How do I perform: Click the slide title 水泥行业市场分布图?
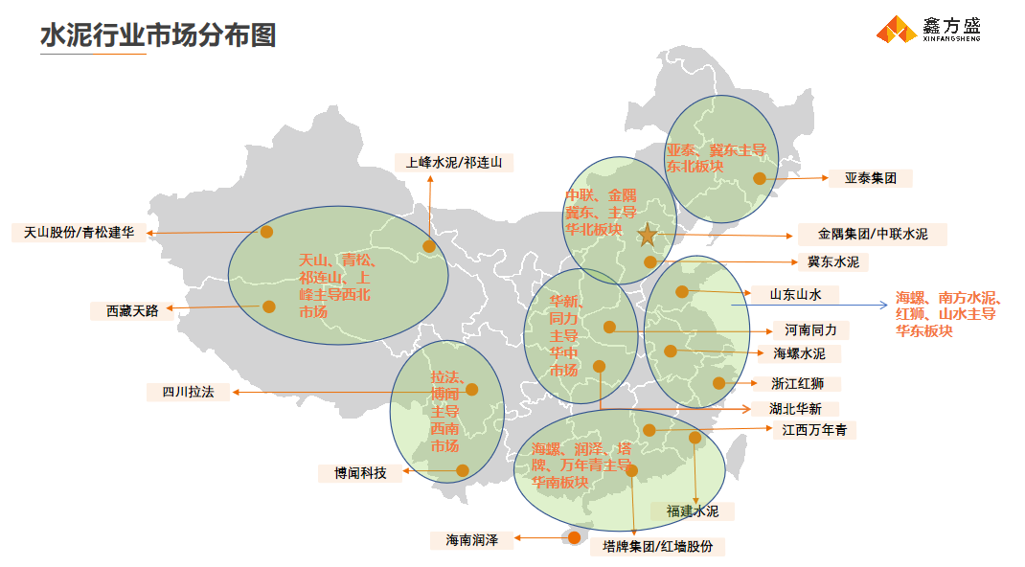(158, 35)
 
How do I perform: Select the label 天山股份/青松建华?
(79, 233)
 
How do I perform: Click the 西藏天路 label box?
(125, 310)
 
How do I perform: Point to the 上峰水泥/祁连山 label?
(454, 163)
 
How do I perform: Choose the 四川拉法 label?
(188, 392)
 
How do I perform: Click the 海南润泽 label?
(465, 540)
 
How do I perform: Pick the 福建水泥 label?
(693, 511)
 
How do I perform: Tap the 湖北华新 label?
(803, 408)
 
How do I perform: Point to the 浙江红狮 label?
(805, 384)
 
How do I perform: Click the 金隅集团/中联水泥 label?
(872, 235)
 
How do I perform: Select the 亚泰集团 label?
(871, 178)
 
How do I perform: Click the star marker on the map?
(648, 235)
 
